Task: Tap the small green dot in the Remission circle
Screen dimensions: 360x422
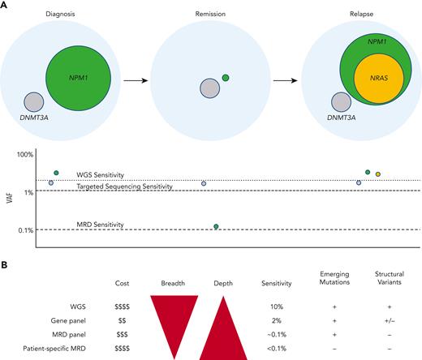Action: (225, 77)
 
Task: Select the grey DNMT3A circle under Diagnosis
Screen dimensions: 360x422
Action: (34, 102)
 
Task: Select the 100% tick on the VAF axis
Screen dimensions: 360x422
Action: (25, 154)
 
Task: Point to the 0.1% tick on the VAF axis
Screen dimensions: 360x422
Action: (24, 230)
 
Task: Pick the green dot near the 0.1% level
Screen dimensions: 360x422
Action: (216, 226)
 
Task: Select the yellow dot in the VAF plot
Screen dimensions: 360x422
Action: (378, 174)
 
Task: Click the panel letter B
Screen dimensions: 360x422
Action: (5, 264)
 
